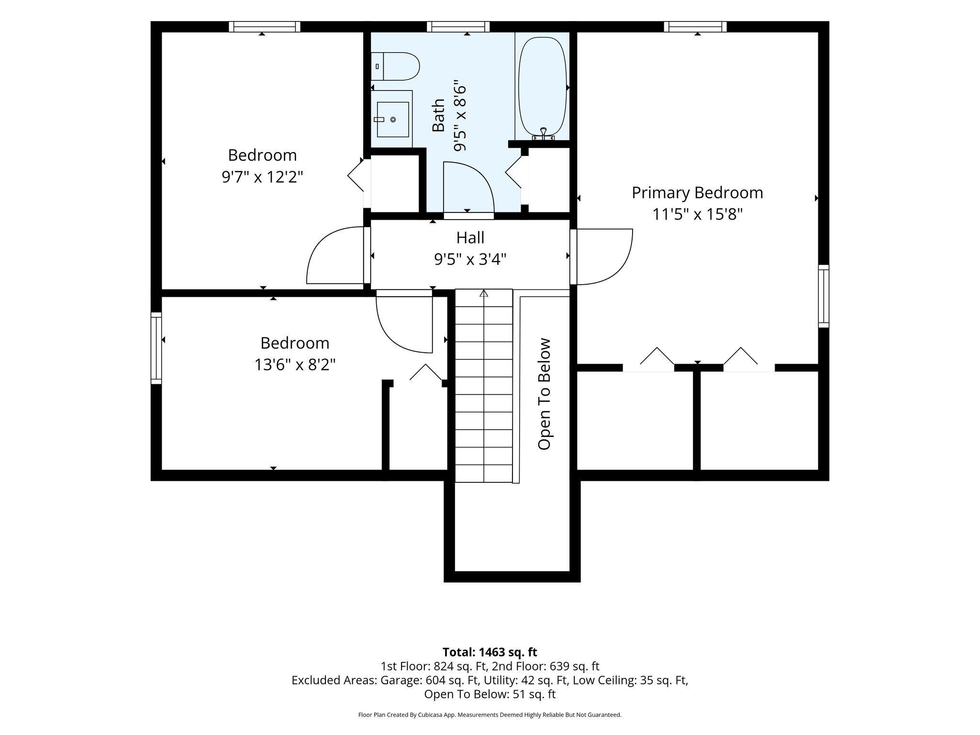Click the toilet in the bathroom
click(x=395, y=67)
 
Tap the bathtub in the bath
click(x=543, y=87)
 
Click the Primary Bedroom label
click(x=697, y=193)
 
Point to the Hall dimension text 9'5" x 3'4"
click(x=470, y=259)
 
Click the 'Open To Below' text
click(x=545, y=394)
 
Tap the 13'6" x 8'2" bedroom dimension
click(x=295, y=365)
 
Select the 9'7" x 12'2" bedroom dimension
click(x=262, y=178)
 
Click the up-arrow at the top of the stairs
click(x=484, y=293)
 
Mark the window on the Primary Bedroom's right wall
click(x=823, y=296)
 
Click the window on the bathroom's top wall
click(x=458, y=27)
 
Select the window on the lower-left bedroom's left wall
click(x=156, y=348)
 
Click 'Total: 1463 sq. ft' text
click(x=490, y=652)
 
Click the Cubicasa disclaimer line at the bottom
click(x=490, y=715)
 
